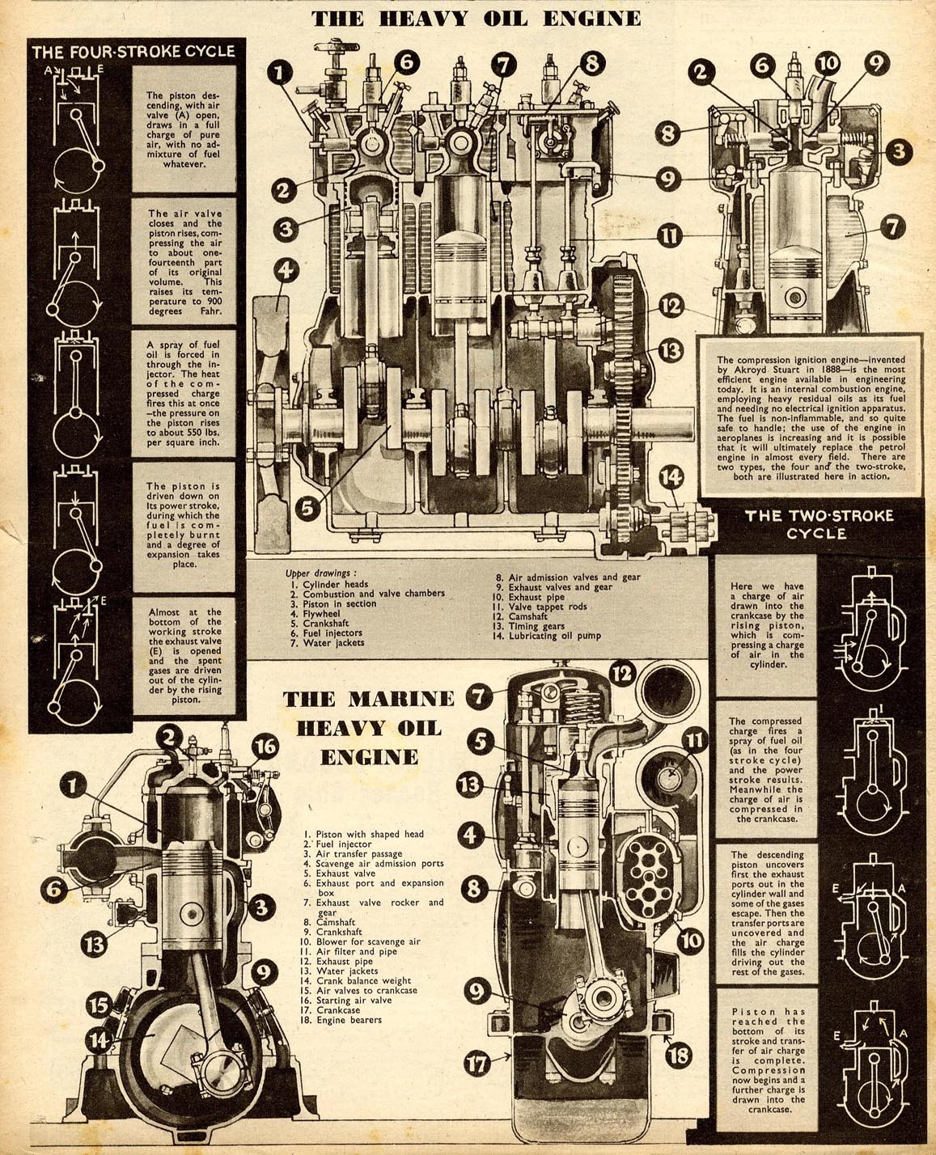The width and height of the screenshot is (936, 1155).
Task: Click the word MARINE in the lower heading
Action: [401, 700]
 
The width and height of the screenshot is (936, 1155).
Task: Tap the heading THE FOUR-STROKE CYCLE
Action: [133, 52]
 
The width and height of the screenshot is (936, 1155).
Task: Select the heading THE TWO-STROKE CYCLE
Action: [819, 524]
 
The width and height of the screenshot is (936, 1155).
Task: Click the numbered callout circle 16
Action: [265, 747]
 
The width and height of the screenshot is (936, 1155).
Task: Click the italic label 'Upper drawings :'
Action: [321, 573]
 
